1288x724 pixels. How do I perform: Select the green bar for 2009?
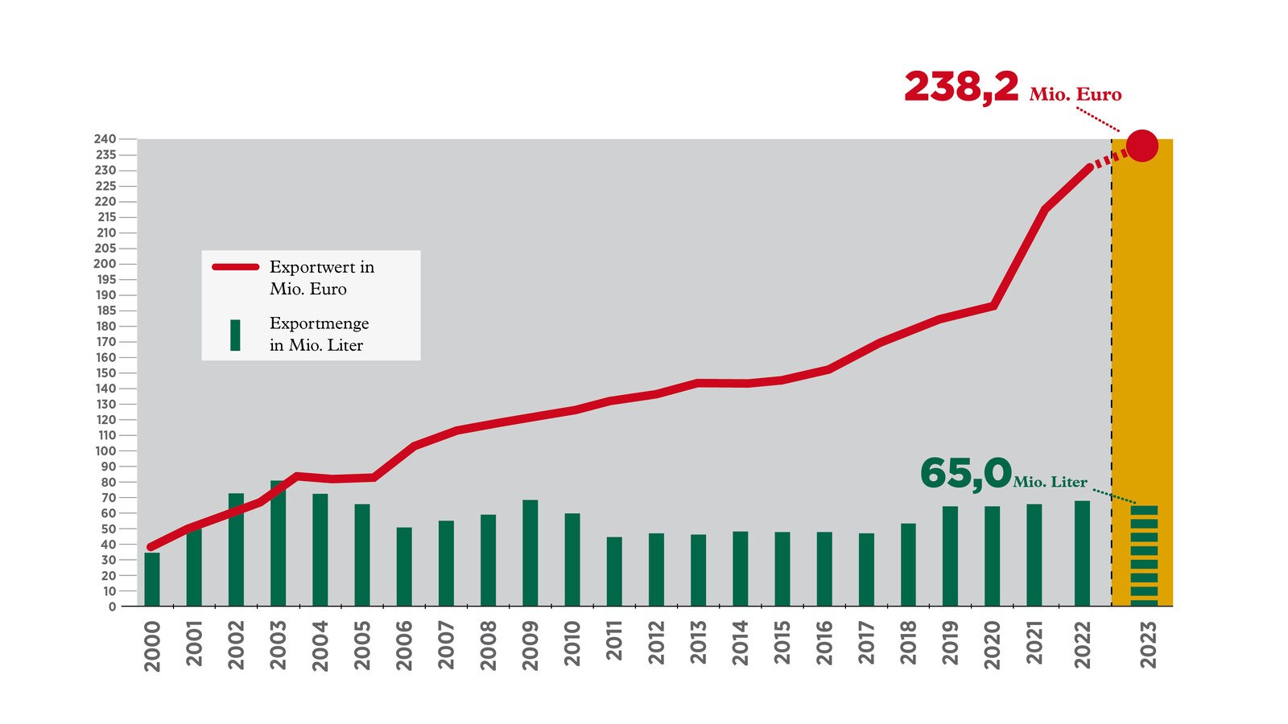tap(530, 553)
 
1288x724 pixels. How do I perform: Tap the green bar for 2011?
tap(614, 572)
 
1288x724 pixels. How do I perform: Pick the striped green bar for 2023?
tap(1144, 556)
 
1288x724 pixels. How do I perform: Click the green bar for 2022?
tap(1082, 553)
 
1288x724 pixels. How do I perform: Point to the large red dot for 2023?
tap(1141, 146)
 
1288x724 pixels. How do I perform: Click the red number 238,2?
tap(961, 87)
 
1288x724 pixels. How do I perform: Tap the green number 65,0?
tap(964, 473)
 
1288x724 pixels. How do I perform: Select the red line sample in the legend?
tap(235, 267)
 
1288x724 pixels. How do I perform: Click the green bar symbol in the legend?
tap(235, 335)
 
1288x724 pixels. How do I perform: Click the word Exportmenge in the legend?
tap(319, 323)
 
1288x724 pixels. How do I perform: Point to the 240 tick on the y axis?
tap(106, 139)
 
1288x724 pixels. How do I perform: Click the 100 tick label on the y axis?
tap(106, 450)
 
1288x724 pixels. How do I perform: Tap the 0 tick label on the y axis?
tap(112, 607)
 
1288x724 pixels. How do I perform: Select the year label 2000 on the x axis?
tap(152, 646)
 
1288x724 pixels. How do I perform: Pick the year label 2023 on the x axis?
tap(1148, 644)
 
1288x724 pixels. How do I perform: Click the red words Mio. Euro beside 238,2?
tap(1075, 95)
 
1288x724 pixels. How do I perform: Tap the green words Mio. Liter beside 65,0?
tap(1050, 482)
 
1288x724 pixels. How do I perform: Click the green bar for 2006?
tap(404, 567)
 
